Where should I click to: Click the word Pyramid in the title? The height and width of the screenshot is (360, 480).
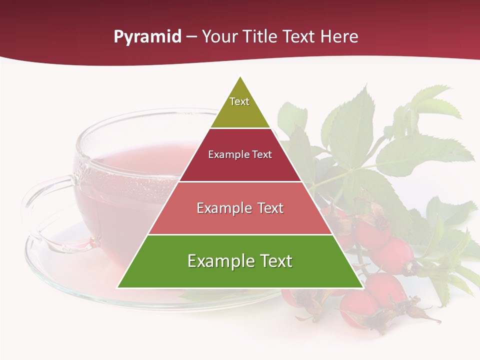coord(147,37)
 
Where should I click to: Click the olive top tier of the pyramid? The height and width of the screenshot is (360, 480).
coord(240,112)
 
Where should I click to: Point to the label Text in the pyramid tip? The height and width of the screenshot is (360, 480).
coord(239,101)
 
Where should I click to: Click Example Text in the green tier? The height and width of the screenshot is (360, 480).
coord(240,261)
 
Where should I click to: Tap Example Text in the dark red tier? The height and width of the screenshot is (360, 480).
coord(240,154)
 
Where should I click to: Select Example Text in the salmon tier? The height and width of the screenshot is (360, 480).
coord(240,208)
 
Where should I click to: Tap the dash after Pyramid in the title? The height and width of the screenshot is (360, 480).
coord(191,37)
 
